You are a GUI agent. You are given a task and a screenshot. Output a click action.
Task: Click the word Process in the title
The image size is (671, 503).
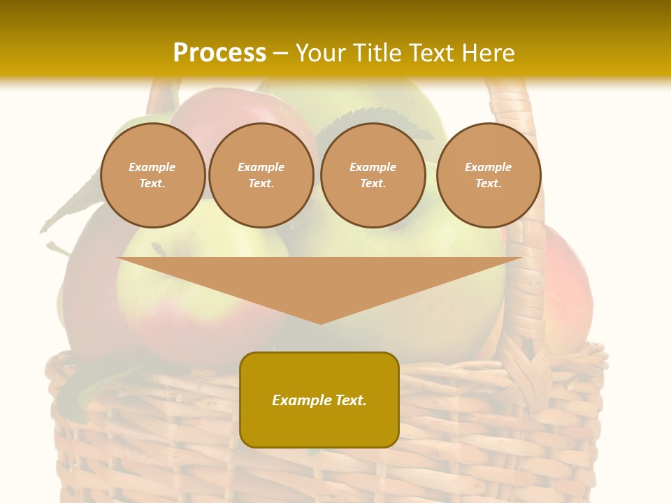click(219, 52)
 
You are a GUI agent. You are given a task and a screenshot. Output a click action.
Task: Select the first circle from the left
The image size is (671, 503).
click(153, 175)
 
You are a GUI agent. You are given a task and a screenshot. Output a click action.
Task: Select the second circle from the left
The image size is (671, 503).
click(261, 175)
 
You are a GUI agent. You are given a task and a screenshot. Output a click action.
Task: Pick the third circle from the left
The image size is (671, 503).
click(373, 175)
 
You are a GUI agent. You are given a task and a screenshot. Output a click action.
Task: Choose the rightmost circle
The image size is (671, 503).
click(489, 175)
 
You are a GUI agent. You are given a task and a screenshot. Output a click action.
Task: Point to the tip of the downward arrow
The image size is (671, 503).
click(320, 323)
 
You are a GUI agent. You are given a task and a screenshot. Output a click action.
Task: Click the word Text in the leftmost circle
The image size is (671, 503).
click(152, 184)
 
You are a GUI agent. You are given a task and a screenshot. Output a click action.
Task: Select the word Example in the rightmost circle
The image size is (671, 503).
click(489, 167)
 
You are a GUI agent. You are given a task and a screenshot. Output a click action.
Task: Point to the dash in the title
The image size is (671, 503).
click(281, 53)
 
